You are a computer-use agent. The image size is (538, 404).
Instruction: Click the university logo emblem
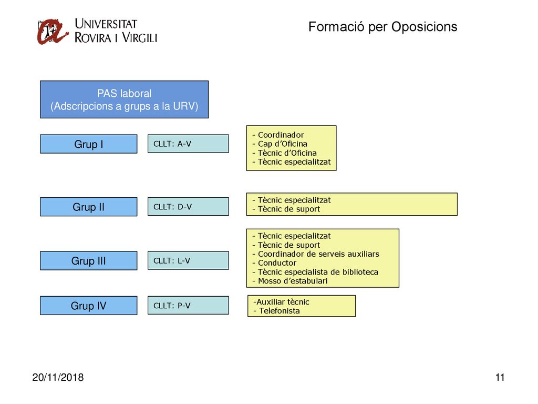(x=52, y=32)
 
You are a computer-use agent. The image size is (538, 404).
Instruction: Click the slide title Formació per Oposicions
(x=382, y=27)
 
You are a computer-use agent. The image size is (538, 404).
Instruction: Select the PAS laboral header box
(x=124, y=99)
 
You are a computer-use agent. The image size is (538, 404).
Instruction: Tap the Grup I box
(x=88, y=144)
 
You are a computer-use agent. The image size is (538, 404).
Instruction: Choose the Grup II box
(x=88, y=207)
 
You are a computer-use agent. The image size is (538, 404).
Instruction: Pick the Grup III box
(x=88, y=261)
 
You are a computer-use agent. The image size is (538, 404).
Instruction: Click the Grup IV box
(x=88, y=306)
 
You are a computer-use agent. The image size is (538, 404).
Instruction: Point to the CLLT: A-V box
(x=189, y=144)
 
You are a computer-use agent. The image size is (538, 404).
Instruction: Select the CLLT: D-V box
(x=189, y=206)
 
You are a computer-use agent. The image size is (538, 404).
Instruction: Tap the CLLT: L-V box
(x=189, y=260)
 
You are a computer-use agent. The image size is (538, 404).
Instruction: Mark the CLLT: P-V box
(x=189, y=305)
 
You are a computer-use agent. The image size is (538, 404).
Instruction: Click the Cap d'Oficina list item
(x=280, y=144)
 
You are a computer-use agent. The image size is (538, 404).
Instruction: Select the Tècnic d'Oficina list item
(x=284, y=153)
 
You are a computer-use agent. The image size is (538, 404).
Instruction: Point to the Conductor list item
(x=274, y=263)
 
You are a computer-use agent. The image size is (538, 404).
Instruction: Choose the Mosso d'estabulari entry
(x=290, y=281)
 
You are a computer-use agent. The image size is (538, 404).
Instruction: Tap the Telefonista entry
(x=276, y=311)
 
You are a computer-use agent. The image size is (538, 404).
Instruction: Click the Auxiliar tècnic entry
(x=282, y=302)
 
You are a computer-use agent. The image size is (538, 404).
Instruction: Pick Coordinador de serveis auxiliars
(x=316, y=254)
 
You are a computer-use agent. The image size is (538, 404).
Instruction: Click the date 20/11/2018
(x=58, y=377)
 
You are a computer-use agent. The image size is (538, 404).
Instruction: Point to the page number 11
(x=500, y=377)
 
